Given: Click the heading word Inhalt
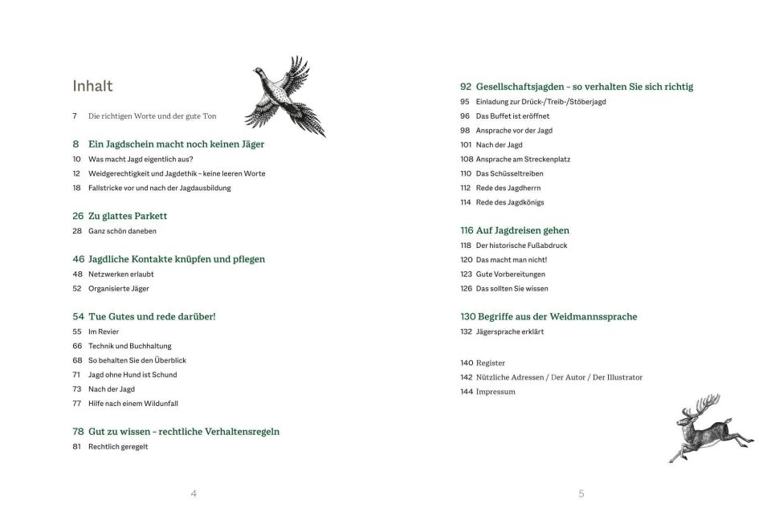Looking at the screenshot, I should pos(92,86).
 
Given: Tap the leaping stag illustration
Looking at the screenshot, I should pos(708,428).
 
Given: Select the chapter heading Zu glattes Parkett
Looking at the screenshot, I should pos(128,216).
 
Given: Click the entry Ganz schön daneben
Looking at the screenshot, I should pos(122,231).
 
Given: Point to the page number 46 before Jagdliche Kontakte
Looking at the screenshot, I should pos(78,259).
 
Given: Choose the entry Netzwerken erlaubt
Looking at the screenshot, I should pos(120,274).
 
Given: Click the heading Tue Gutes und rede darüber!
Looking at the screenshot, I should pos(152,316).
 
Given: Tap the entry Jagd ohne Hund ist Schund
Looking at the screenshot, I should pos(133,375).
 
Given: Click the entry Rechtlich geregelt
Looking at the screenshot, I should pos(118,447).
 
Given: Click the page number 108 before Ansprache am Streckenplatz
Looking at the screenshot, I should pos(466,160).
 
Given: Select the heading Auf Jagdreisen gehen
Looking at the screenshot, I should pos(523,230).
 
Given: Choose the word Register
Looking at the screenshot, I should pos(491,363).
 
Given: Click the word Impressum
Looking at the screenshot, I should pos(496,392).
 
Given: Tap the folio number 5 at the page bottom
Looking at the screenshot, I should pos(581,494).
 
